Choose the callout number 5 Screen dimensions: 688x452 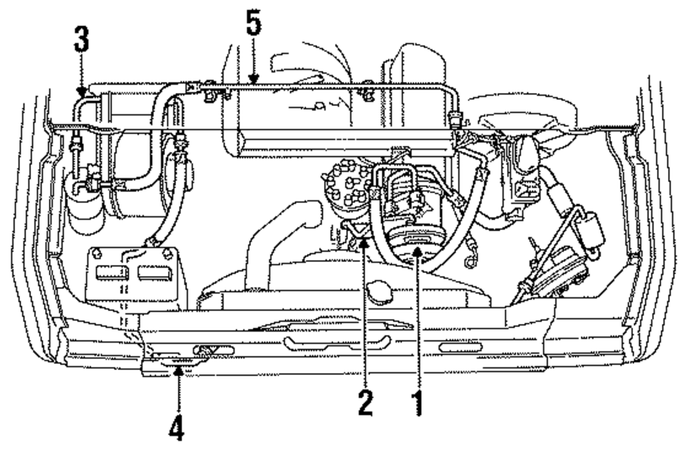click(254, 28)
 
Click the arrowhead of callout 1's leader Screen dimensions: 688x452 click(417, 257)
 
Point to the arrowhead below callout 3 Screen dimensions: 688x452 click(82, 92)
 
